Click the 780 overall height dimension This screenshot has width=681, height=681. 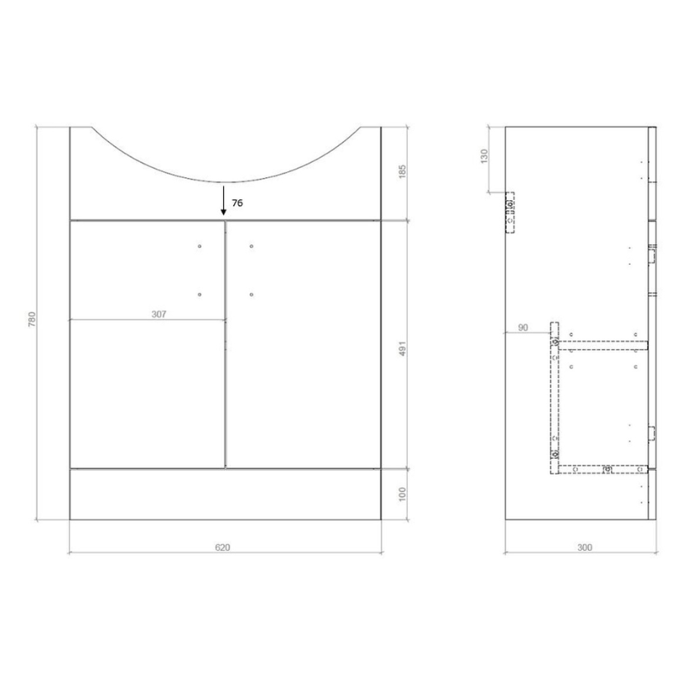[32, 319]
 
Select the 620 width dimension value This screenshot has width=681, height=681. [222, 547]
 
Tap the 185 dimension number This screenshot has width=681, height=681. [402, 171]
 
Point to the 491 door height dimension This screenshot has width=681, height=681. [402, 348]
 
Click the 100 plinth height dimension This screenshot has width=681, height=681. [402, 495]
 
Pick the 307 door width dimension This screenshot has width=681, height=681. [159, 313]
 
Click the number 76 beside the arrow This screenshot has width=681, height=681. [237, 203]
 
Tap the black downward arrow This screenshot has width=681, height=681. [223, 200]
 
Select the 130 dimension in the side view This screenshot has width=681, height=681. [484, 156]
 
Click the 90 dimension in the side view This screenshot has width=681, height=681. [523, 328]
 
